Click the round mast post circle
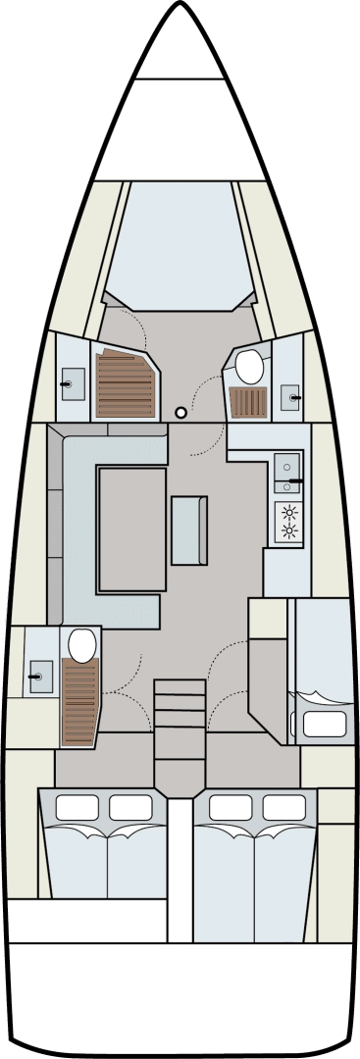click(180, 413)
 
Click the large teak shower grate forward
click(125, 384)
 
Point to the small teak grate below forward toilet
click(248, 402)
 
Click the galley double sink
click(288, 473)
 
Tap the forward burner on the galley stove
click(288, 511)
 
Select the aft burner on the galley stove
click(288, 531)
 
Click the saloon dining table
click(131, 529)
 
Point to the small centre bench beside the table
click(188, 530)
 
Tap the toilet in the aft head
click(82, 644)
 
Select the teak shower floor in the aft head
click(80, 702)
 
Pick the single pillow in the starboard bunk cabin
click(325, 725)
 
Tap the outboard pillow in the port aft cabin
click(77, 807)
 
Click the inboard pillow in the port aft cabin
click(130, 807)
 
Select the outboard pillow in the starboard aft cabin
click(284, 807)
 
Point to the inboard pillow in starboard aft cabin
click(231, 807)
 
